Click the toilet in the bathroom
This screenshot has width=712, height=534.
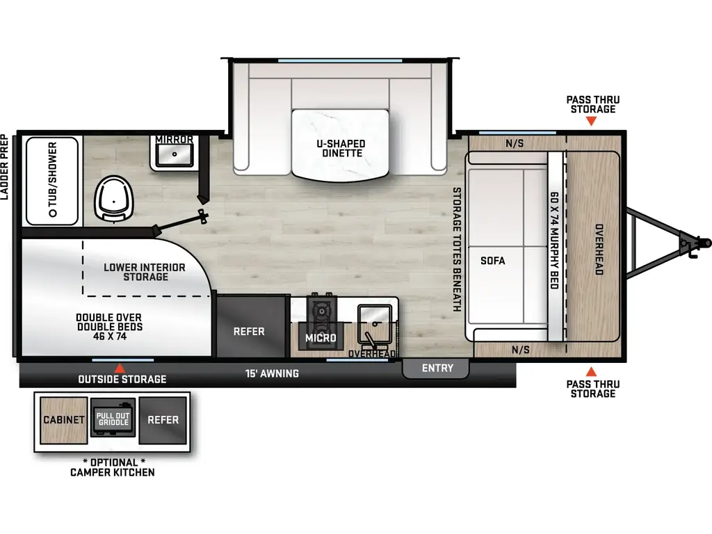114,200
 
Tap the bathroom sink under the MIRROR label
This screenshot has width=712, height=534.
175,155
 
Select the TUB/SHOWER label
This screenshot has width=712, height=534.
53,179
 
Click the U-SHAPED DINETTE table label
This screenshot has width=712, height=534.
341,149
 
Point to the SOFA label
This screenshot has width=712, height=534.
493,261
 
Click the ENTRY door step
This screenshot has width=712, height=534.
435,369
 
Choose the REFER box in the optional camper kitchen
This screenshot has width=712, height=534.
163,420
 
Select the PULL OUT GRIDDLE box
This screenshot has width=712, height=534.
113,418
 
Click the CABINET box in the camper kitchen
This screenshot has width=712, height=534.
63,420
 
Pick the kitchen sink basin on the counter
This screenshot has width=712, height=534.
375,323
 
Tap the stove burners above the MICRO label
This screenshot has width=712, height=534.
321,314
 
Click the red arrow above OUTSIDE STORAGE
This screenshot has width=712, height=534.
120,369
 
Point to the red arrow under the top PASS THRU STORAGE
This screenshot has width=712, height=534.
591,121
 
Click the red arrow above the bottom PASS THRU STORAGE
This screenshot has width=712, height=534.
591,372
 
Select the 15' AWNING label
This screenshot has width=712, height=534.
272,373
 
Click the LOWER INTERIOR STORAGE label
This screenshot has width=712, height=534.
145,272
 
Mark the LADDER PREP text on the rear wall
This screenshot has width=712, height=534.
5,167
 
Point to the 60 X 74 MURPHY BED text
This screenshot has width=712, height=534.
554,240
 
